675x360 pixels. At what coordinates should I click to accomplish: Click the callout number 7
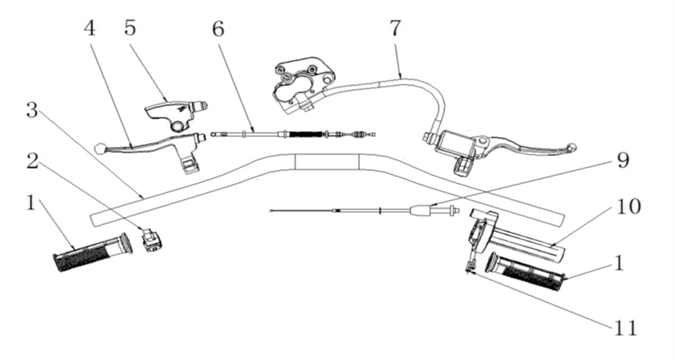(x=395, y=28)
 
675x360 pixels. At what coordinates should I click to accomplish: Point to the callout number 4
(x=90, y=28)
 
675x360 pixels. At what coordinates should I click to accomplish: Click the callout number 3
(x=32, y=111)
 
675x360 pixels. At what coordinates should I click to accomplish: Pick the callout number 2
(x=32, y=161)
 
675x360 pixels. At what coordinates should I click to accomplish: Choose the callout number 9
(x=622, y=161)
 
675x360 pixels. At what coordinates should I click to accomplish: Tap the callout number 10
(x=628, y=206)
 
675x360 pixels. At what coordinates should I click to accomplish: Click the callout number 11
(x=625, y=327)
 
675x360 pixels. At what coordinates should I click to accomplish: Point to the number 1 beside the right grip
(x=619, y=263)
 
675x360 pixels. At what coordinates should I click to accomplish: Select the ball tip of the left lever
(x=100, y=148)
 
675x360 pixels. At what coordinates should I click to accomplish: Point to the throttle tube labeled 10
(x=529, y=246)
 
